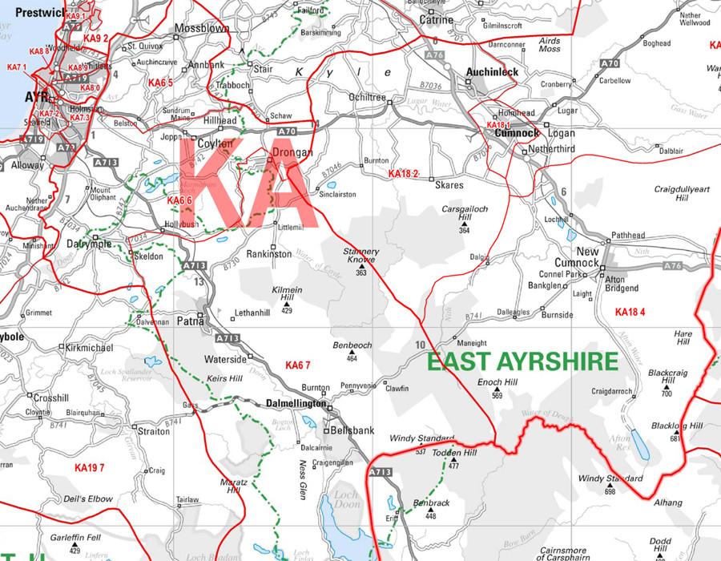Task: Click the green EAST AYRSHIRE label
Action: (x=522, y=361)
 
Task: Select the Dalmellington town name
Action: (x=296, y=404)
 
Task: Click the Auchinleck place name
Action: (x=493, y=72)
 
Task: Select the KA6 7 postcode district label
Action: (x=297, y=365)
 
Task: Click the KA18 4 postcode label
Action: (x=630, y=311)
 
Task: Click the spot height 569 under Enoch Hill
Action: (x=497, y=395)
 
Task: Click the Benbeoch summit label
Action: (x=352, y=345)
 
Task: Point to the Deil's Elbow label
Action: (x=90, y=499)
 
